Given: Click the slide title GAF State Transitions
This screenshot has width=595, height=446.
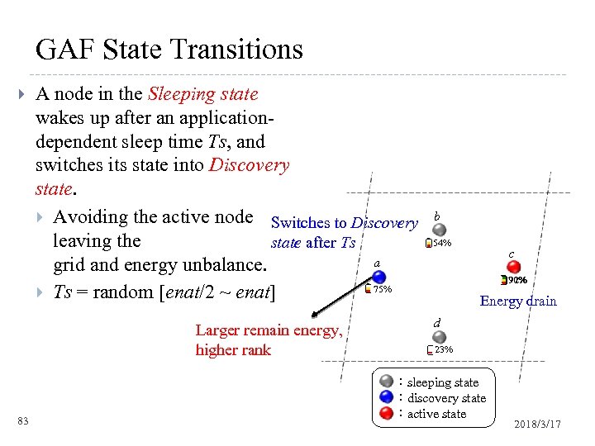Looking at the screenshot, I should pyautogui.click(x=169, y=50).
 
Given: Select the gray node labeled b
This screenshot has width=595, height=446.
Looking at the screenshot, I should pyautogui.click(x=440, y=230).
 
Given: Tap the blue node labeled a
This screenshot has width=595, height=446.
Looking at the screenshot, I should pyautogui.click(x=378, y=277).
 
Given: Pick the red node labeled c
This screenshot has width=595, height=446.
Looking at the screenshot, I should pyautogui.click(x=514, y=268).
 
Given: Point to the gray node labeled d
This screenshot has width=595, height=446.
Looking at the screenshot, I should pyautogui.click(x=439, y=337).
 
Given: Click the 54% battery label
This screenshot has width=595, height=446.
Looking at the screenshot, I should pyautogui.click(x=439, y=244).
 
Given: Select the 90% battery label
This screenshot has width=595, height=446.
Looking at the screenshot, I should pyautogui.click(x=516, y=280).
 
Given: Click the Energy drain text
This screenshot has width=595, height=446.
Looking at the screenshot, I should pyautogui.click(x=518, y=301).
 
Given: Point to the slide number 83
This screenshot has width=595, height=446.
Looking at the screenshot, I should pyautogui.click(x=23, y=422).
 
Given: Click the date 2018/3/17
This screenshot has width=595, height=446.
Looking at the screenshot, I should pyautogui.click(x=537, y=424).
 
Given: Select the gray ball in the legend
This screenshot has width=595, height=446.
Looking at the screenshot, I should pyautogui.click(x=387, y=382).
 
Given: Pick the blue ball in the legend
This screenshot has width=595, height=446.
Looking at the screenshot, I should pyautogui.click(x=387, y=397).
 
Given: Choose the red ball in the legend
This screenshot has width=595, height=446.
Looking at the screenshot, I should pyautogui.click(x=387, y=413).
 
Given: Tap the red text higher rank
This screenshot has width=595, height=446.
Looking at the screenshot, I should pyautogui.click(x=233, y=350).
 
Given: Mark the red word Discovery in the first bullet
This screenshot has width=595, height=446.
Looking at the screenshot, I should pyautogui.click(x=250, y=164).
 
